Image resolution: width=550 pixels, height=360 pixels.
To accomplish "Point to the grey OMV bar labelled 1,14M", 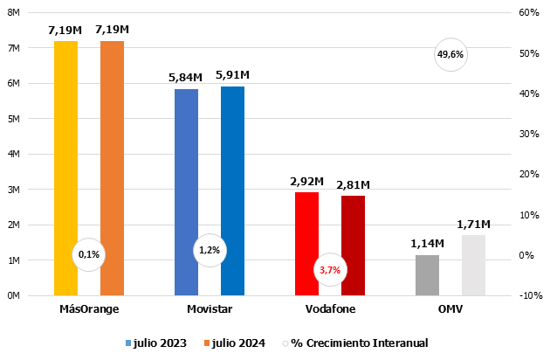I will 428,275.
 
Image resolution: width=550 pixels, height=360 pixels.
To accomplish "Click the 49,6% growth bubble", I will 450,55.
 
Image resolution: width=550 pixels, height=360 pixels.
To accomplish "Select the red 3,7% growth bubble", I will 330,270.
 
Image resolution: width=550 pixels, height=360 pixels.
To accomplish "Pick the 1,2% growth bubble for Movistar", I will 210,251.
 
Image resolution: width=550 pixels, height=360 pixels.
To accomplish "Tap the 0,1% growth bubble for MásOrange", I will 89,254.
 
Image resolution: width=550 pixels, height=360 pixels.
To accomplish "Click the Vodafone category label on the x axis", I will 330,309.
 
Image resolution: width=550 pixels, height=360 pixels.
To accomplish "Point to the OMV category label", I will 450,309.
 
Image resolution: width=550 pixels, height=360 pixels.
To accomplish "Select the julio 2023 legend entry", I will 156,343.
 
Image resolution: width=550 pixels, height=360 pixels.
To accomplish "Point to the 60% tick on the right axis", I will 529,13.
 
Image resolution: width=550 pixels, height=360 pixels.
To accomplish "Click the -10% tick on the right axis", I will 530,295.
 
